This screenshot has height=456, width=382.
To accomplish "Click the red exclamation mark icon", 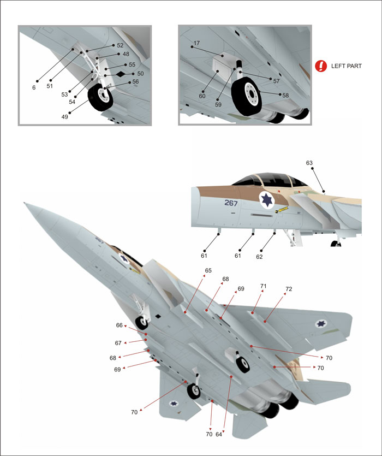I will [x=321, y=66].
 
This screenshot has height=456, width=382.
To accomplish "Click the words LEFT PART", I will [x=346, y=66].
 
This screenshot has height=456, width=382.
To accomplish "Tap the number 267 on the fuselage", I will [x=231, y=203].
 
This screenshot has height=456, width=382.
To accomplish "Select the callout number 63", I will [x=309, y=163].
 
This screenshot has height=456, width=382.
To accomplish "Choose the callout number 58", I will [x=285, y=95].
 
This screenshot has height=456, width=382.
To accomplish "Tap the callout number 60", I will [x=202, y=96].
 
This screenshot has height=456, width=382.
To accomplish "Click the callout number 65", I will [x=208, y=270].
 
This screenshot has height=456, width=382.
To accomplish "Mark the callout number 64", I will [x=219, y=435].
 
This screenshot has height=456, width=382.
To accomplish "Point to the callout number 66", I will [x=119, y=325].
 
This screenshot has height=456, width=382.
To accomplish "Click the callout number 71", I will [x=264, y=286].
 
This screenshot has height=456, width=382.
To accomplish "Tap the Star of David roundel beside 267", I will [x=266, y=200].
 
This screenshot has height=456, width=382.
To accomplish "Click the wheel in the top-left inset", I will [x=100, y=97].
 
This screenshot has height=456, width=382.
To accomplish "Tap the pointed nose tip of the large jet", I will [x=25, y=204].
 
